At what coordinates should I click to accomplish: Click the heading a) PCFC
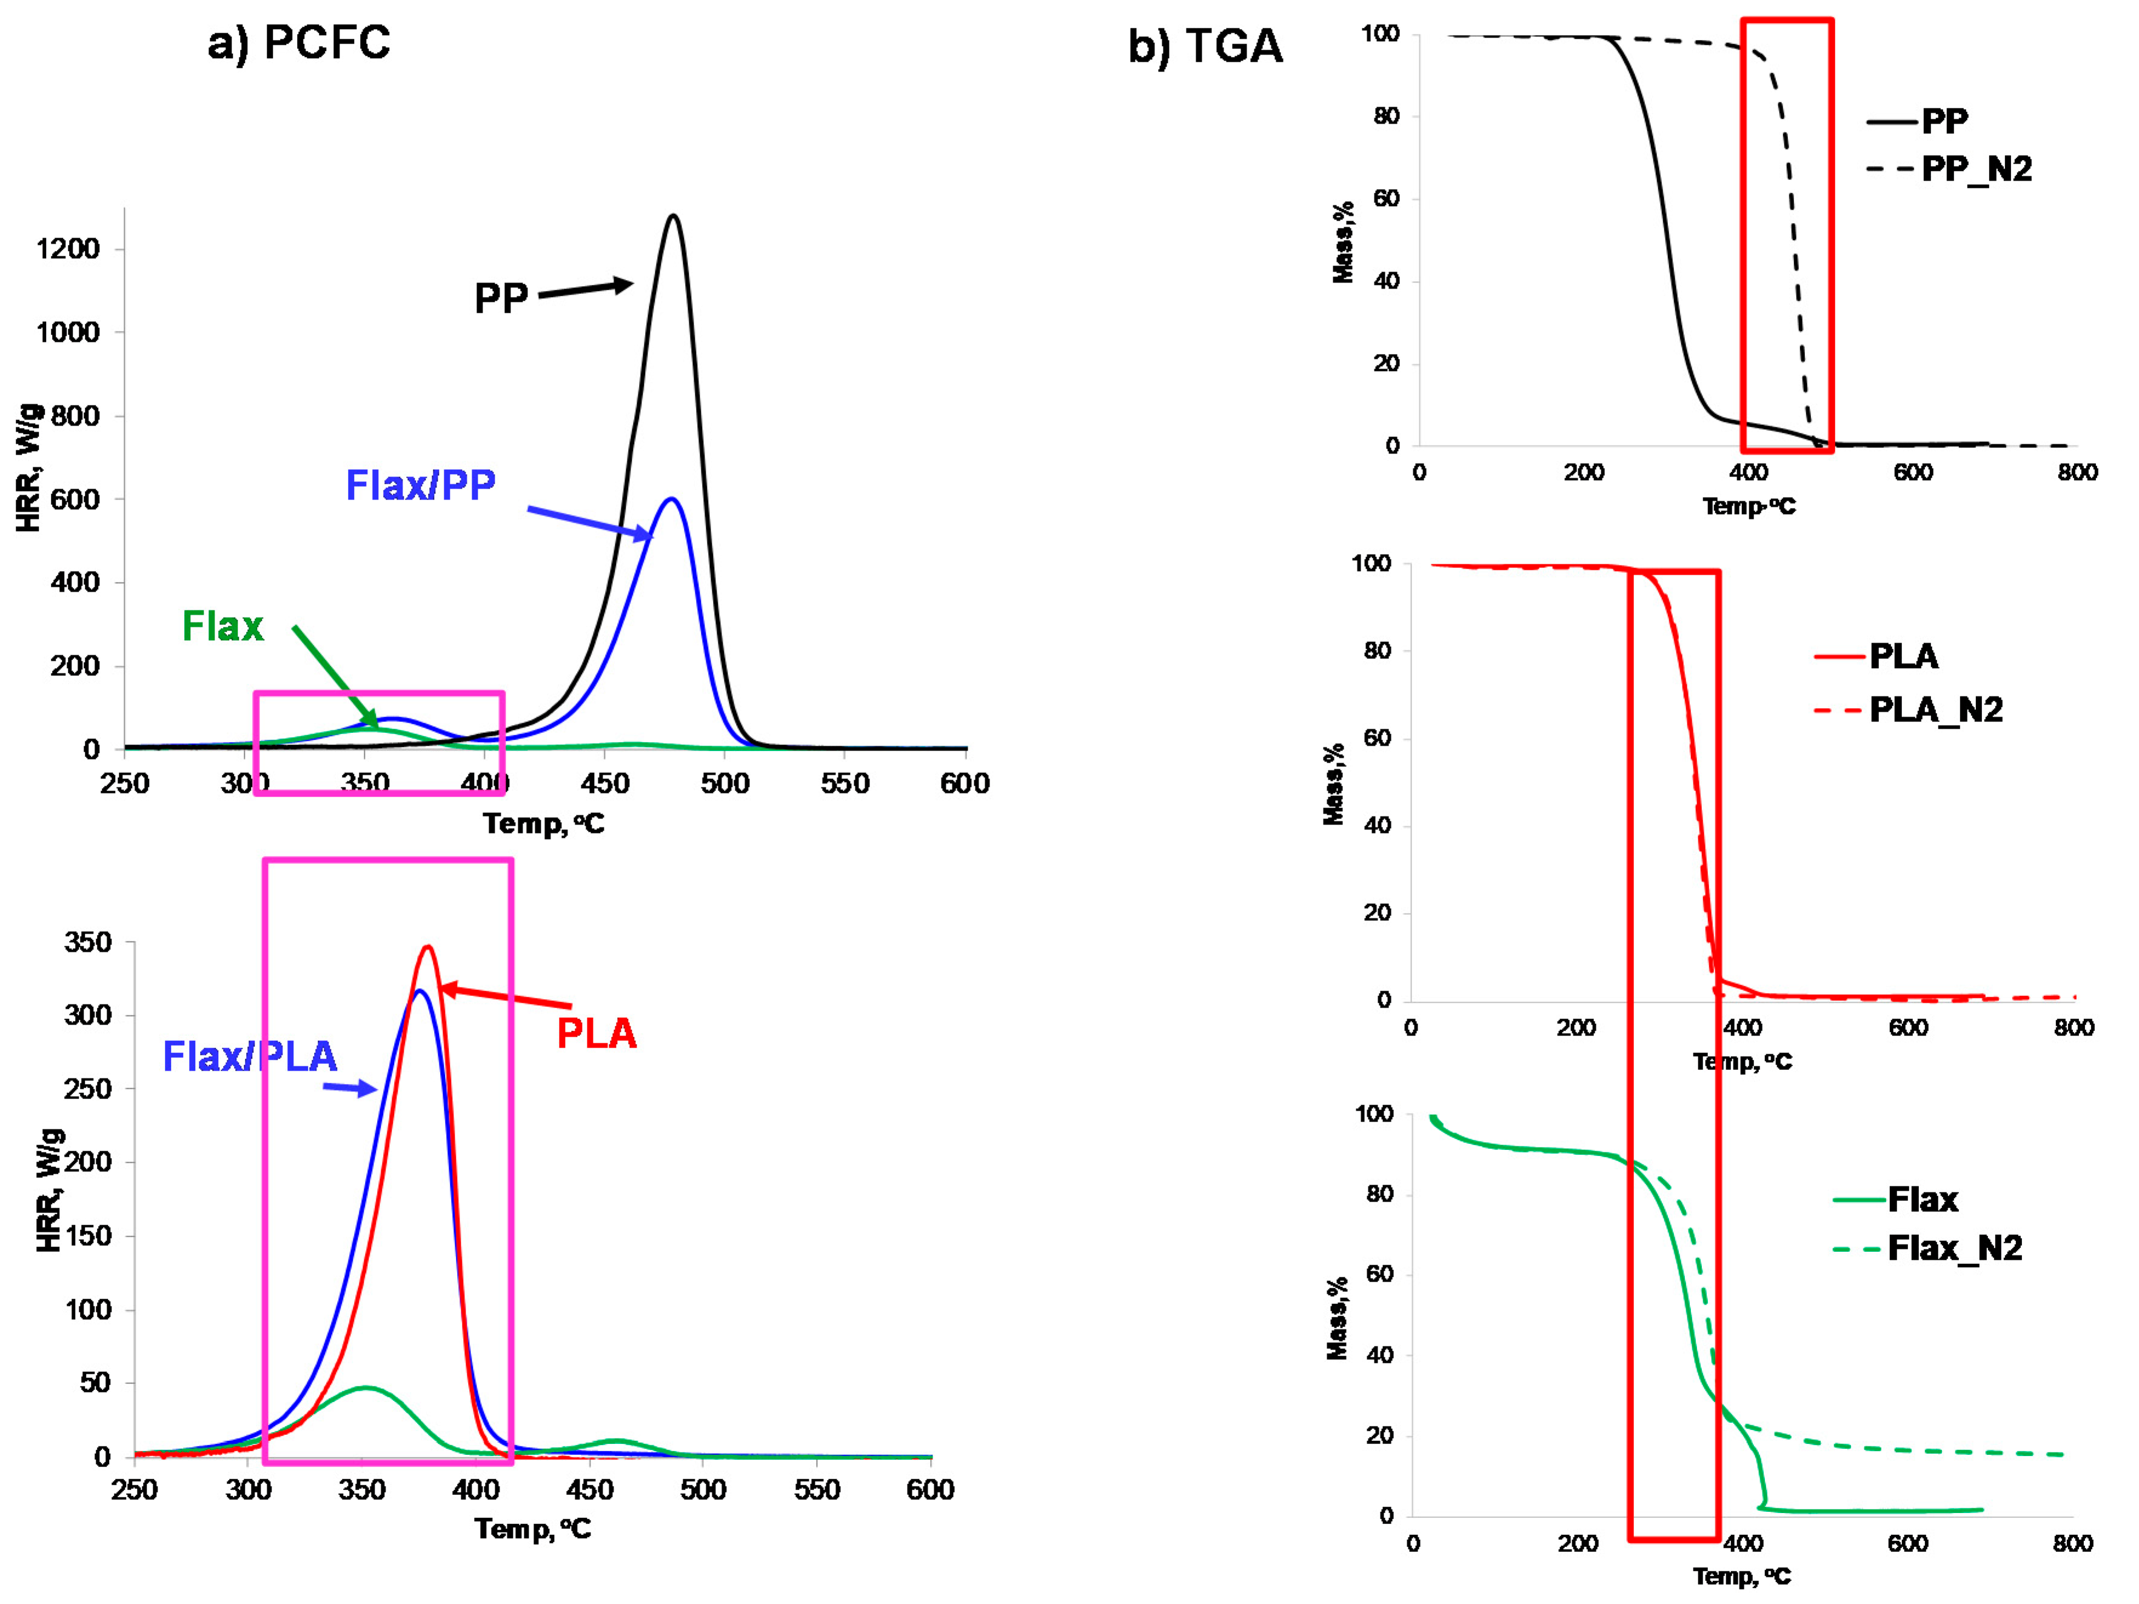click(299, 42)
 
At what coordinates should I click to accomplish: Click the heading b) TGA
click(1205, 47)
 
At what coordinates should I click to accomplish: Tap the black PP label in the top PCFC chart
click(501, 298)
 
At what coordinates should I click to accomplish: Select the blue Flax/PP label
click(421, 484)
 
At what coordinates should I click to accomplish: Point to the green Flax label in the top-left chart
click(223, 627)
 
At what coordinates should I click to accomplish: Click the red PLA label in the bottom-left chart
click(597, 1034)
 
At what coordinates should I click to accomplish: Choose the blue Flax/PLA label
click(249, 1056)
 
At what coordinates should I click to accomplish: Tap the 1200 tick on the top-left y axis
click(68, 249)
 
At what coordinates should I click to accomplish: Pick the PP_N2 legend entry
click(1975, 169)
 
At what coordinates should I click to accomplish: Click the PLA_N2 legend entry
click(1935, 710)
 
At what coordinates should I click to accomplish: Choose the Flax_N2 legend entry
click(1954, 1248)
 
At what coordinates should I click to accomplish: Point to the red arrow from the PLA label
click(505, 997)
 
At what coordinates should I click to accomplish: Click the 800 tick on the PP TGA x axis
click(2077, 473)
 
